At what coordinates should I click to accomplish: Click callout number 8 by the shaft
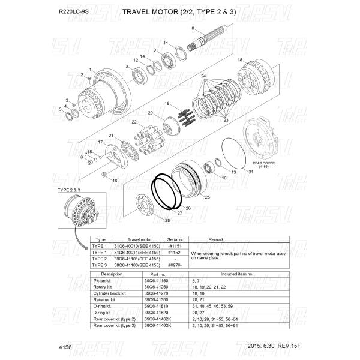193,29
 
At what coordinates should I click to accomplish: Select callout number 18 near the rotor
239,60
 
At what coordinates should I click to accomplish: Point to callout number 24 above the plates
203,76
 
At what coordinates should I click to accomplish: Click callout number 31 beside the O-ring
251,172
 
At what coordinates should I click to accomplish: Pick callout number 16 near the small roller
115,181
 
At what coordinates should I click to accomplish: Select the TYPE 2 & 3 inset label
69,190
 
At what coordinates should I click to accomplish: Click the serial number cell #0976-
175,265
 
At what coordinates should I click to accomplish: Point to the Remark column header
215,239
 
